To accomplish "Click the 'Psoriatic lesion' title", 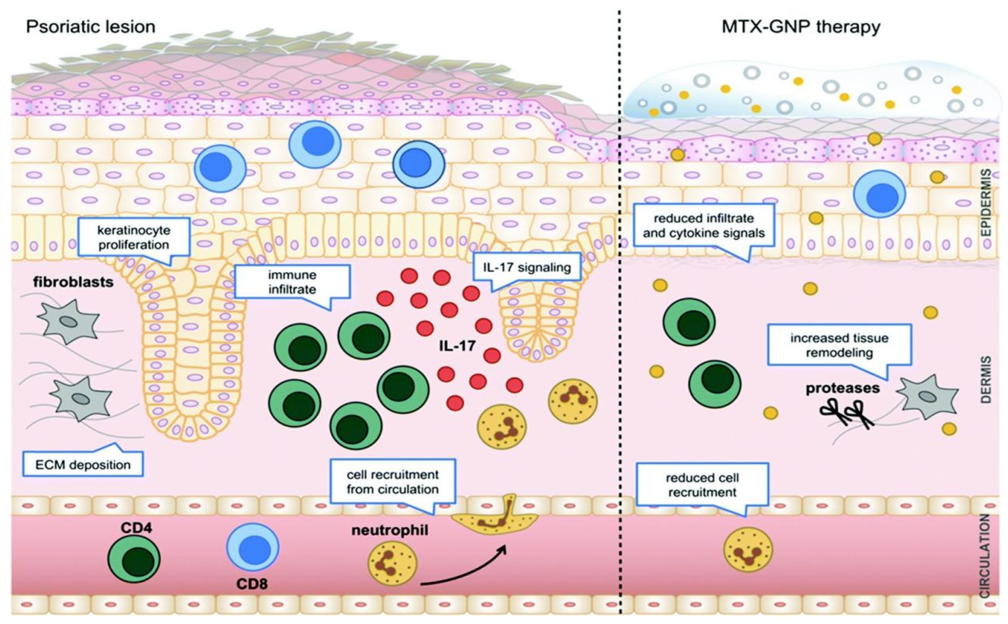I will pyautogui.click(x=91, y=27).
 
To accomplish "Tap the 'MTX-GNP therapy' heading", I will pyautogui.click(x=801, y=27).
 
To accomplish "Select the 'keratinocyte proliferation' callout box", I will pyautogui.click(x=133, y=237).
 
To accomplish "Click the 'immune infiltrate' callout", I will pyautogui.click(x=292, y=282).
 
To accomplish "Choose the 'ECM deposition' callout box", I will pyautogui.click(x=83, y=465).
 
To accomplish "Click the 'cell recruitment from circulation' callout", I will pyautogui.click(x=392, y=482).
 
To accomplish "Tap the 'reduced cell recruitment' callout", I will pyautogui.click(x=702, y=485).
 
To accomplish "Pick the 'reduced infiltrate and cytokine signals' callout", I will pyautogui.click(x=704, y=225).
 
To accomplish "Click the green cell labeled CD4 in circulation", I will pyautogui.click(x=134, y=559).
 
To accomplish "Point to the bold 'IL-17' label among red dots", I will pyautogui.click(x=457, y=346).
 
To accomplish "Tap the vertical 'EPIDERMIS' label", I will pyautogui.click(x=986, y=202).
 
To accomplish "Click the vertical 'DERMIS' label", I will pyautogui.click(x=986, y=380).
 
